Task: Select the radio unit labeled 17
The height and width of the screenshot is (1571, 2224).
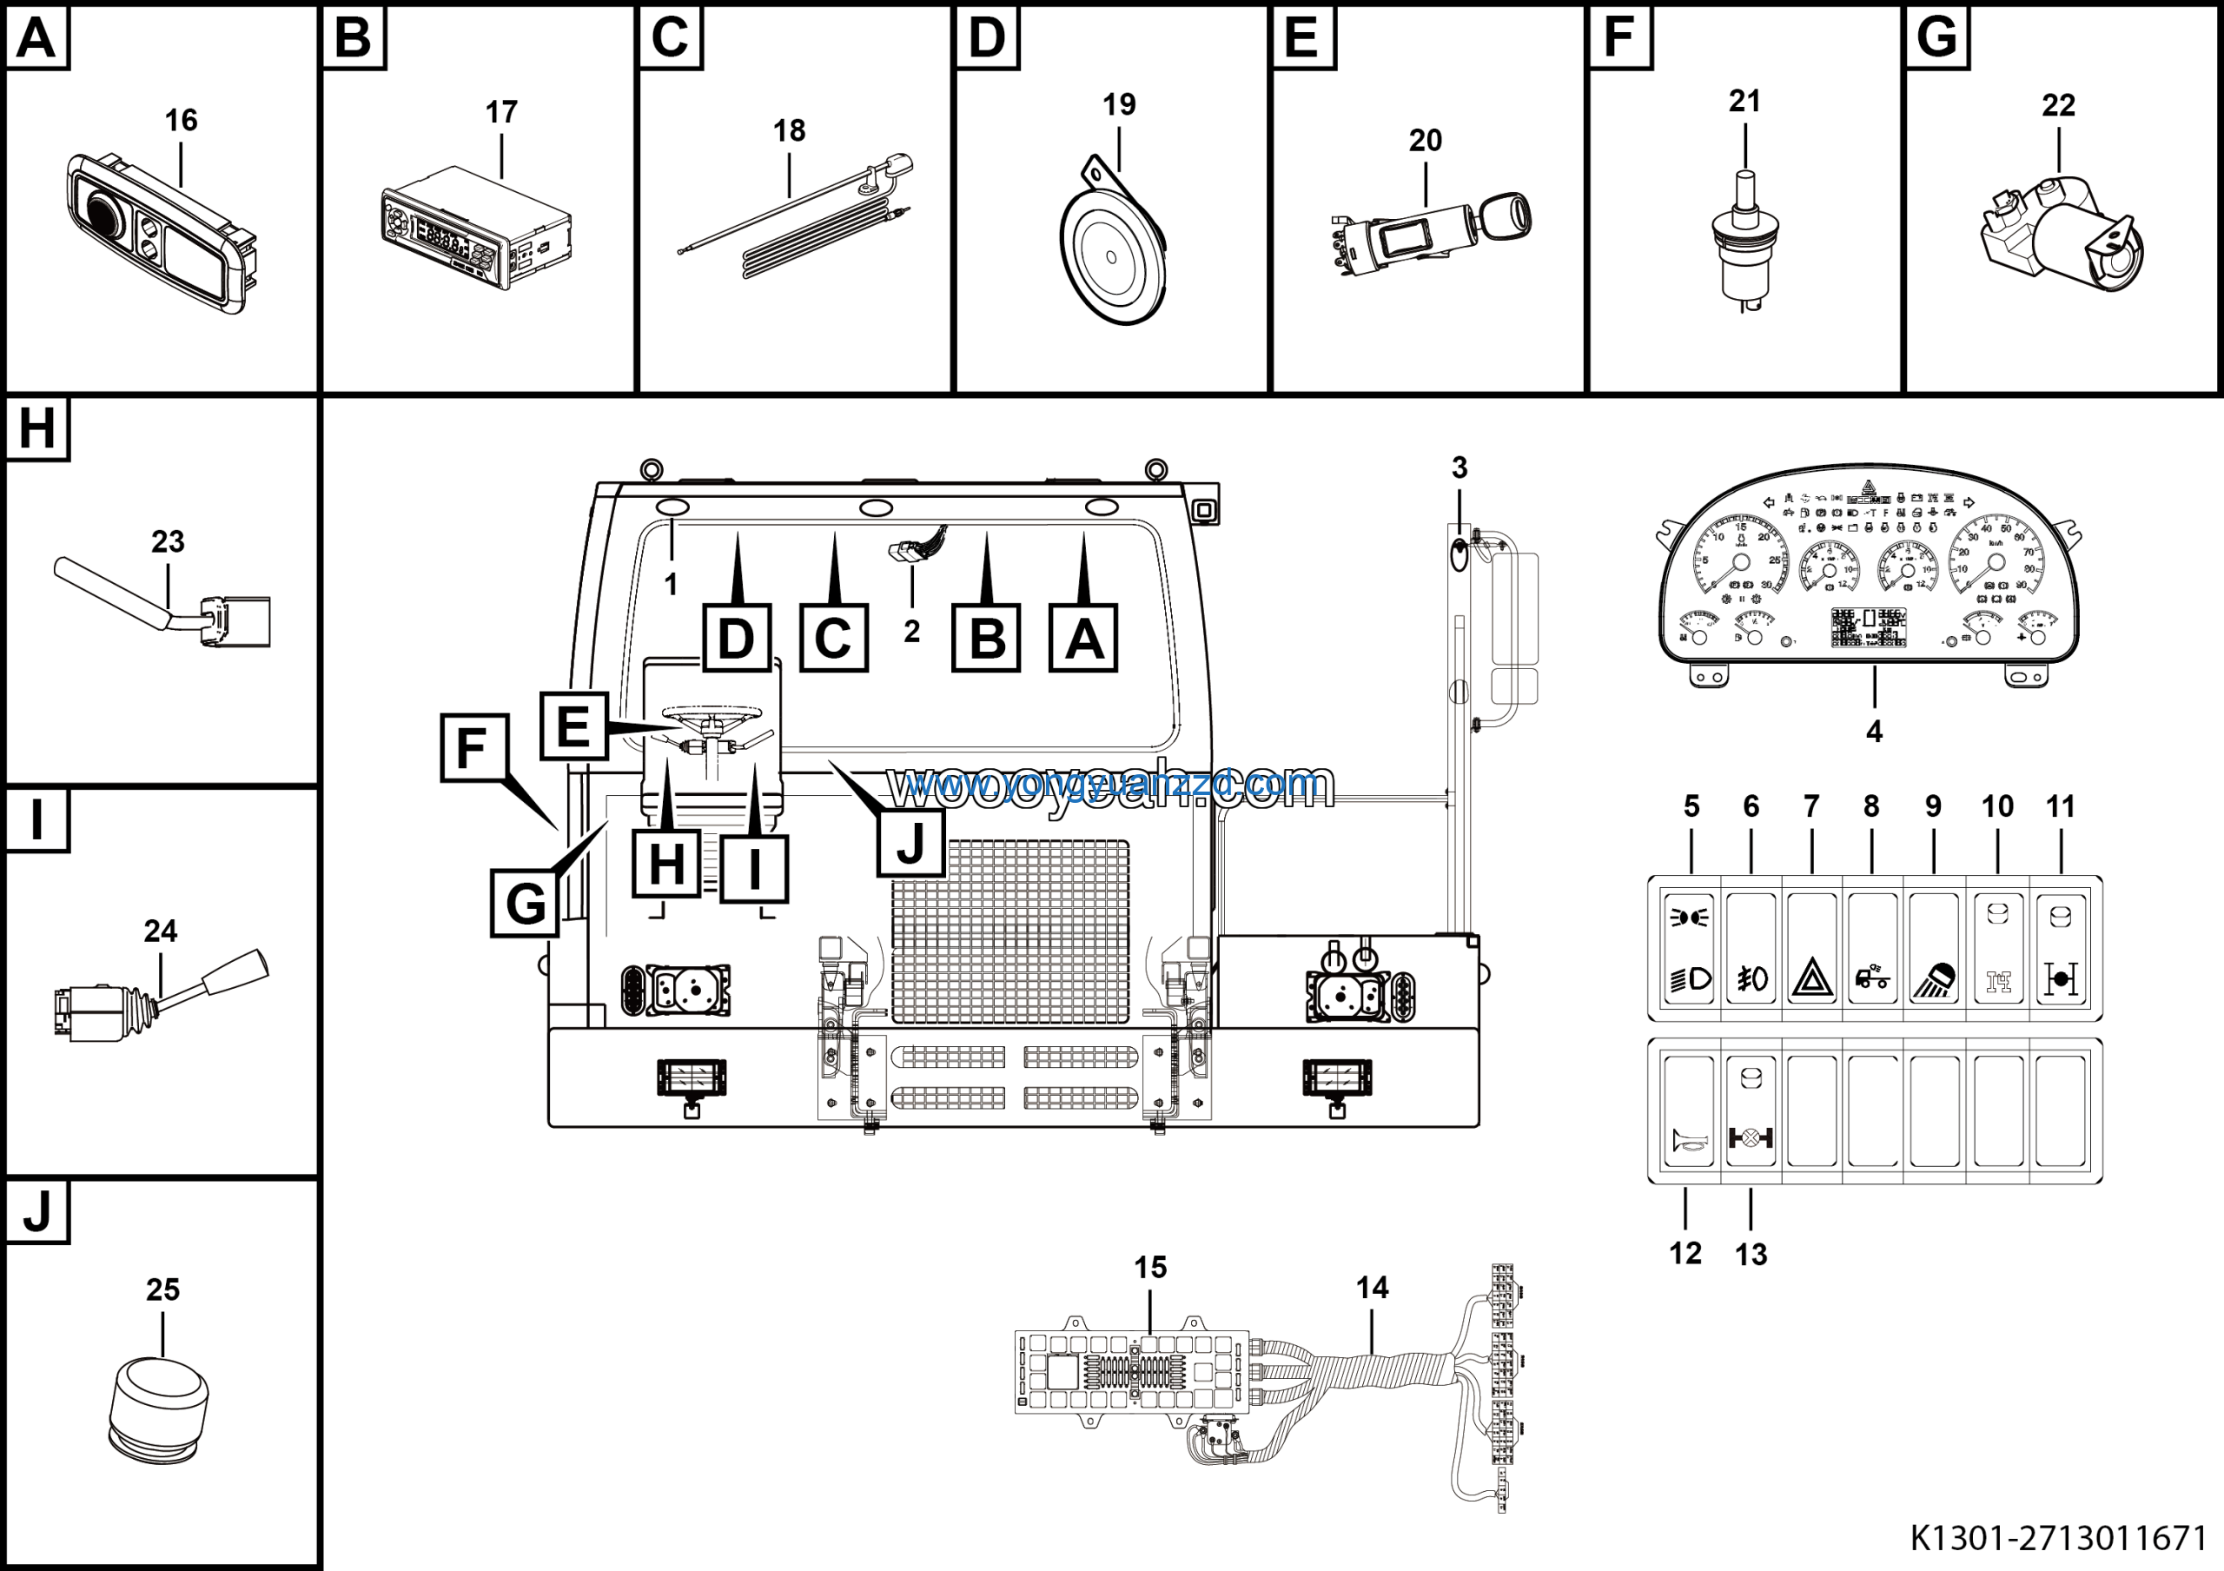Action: pos(474,228)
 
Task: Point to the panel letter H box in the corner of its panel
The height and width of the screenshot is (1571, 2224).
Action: pos(36,428)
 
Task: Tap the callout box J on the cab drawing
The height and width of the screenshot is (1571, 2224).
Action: pos(910,843)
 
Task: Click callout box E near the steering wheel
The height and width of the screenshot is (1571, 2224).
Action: pos(573,726)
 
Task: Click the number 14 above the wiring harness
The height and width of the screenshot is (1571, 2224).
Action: pos(1372,1287)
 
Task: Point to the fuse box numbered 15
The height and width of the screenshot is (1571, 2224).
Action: pos(1131,1371)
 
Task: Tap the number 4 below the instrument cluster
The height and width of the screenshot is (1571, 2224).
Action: pos(1873,732)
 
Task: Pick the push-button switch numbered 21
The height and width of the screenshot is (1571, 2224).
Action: pos(1744,242)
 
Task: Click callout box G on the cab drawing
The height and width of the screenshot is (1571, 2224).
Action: pos(525,903)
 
